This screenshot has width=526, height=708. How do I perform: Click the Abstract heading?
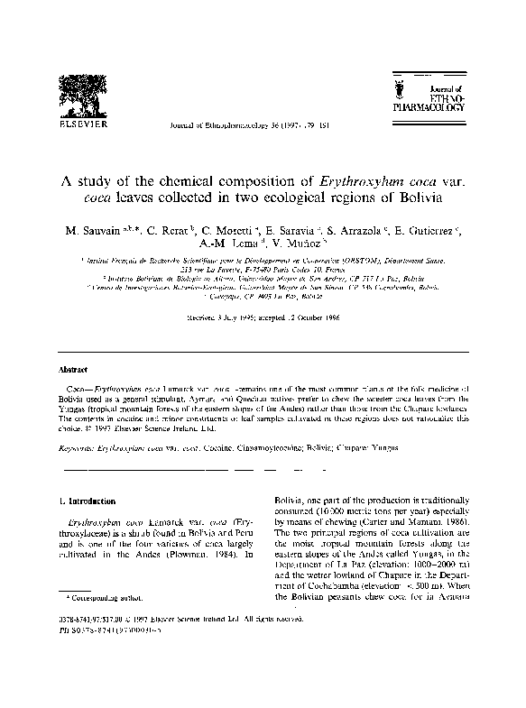pyautogui.click(x=74, y=370)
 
